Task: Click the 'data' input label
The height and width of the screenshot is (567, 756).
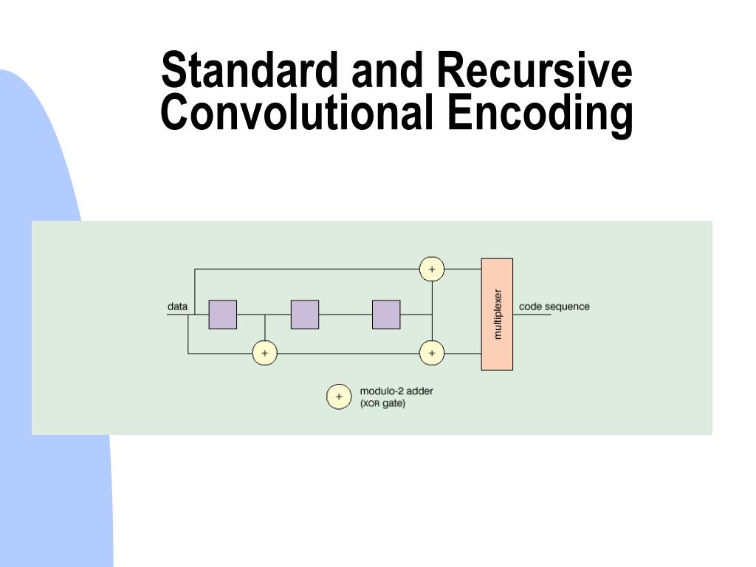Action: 177,306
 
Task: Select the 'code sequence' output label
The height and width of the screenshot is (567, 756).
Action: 554,306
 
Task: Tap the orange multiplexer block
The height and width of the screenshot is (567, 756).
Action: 497,347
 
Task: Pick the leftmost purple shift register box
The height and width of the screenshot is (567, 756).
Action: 223,315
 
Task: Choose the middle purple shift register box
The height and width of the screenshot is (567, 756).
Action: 305,315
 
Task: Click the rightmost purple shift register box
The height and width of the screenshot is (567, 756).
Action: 386,315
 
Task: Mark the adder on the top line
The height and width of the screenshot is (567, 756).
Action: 432,269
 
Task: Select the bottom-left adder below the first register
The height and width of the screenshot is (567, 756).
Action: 264,354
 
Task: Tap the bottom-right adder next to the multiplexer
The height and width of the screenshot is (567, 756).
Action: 432,354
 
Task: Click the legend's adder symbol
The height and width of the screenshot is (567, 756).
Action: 339,396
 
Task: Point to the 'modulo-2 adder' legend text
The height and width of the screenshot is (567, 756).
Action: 396,391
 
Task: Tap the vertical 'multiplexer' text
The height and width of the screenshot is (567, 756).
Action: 497,314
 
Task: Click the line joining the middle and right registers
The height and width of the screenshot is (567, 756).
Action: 346,315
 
